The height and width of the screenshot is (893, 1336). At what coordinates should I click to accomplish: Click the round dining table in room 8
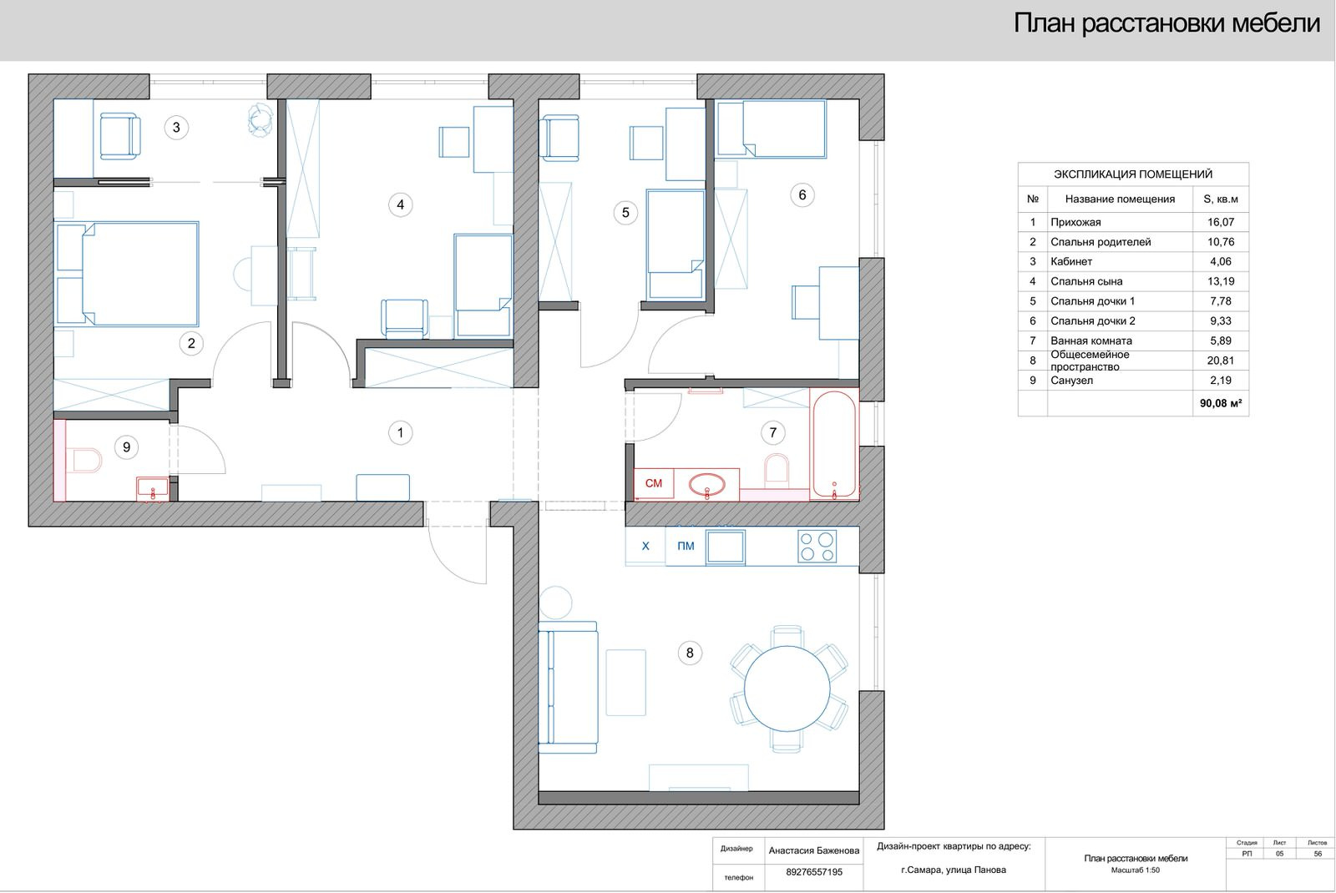tap(787, 689)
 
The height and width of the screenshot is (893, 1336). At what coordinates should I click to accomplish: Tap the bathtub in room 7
tap(834, 444)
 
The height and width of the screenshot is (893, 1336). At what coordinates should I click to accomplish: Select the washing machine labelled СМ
tap(654, 483)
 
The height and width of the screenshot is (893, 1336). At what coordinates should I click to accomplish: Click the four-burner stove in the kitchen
tap(817, 547)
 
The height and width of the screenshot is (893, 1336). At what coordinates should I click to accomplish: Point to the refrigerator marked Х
tap(645, 546)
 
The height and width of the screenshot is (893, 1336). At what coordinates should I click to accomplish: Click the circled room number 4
tap(400, 205)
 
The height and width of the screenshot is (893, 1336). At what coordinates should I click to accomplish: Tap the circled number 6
tap(802, 195)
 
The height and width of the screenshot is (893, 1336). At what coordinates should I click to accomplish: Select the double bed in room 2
tap(127, 274)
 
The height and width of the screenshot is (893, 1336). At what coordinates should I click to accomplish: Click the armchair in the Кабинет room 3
tap(120, 137)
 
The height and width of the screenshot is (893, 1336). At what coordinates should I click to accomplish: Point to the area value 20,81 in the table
tap(1220, 361)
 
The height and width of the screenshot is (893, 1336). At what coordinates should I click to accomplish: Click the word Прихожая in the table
tap(1075, 222)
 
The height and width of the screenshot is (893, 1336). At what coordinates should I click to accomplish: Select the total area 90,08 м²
tap(1220, 404)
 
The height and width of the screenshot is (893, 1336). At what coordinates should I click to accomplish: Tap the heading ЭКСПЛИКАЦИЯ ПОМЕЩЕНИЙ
tap(1132, 174)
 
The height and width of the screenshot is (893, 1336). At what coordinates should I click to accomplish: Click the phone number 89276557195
tap(813, 872)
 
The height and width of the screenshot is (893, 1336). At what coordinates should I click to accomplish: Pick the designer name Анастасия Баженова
tap(813, 850)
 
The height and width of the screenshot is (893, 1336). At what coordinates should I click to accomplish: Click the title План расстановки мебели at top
tap(1166, 23)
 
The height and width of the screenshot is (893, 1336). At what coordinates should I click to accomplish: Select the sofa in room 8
tap(568, 688)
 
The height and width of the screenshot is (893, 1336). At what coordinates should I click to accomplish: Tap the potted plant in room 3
tap(261, 120)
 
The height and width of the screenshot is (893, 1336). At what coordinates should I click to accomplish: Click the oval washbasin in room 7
tap(706, 485)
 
